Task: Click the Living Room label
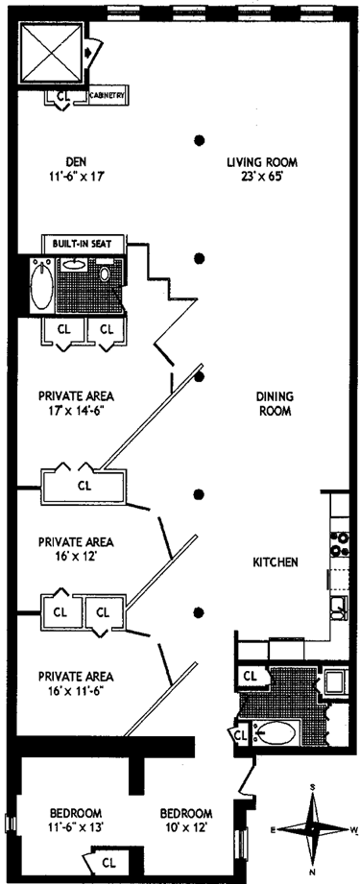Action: click(262, 163)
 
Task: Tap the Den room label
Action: click(75, 159)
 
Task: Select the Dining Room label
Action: click(276, 403)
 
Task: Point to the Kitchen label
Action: click(275, 562)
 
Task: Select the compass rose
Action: click(313, 829)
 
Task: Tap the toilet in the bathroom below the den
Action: click(105, 274)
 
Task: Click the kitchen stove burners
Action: click(339, 543)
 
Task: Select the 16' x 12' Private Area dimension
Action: click(76, 557)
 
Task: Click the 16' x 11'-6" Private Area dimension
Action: click(76, 689)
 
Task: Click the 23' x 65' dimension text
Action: click(262, 176)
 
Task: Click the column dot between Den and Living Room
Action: click(199, 140)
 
